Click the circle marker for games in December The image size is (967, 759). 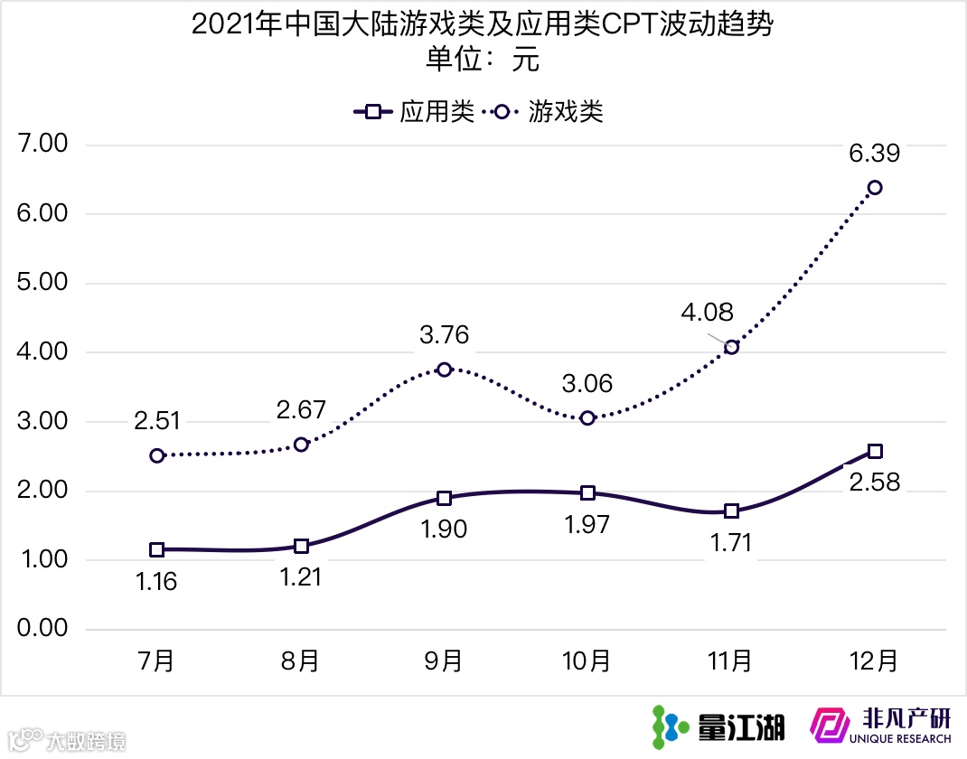click(875, 188)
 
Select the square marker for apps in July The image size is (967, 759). click(157, 549)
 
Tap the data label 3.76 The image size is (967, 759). click(444, 335)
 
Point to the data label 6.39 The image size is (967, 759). click(874, 153)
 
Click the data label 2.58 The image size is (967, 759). click(874, 483)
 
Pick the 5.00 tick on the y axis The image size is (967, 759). click(42, 283)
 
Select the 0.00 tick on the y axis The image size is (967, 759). click(42, 629)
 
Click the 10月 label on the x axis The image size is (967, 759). click(587, 661)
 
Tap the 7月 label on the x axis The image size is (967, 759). click(157, 661)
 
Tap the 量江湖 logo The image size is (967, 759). click(718, 726)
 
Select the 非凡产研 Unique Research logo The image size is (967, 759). click(881, 726)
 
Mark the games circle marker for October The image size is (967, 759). click(587, 418)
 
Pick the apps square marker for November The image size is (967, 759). click(731, 511)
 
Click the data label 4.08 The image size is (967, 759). click(708, 314)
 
